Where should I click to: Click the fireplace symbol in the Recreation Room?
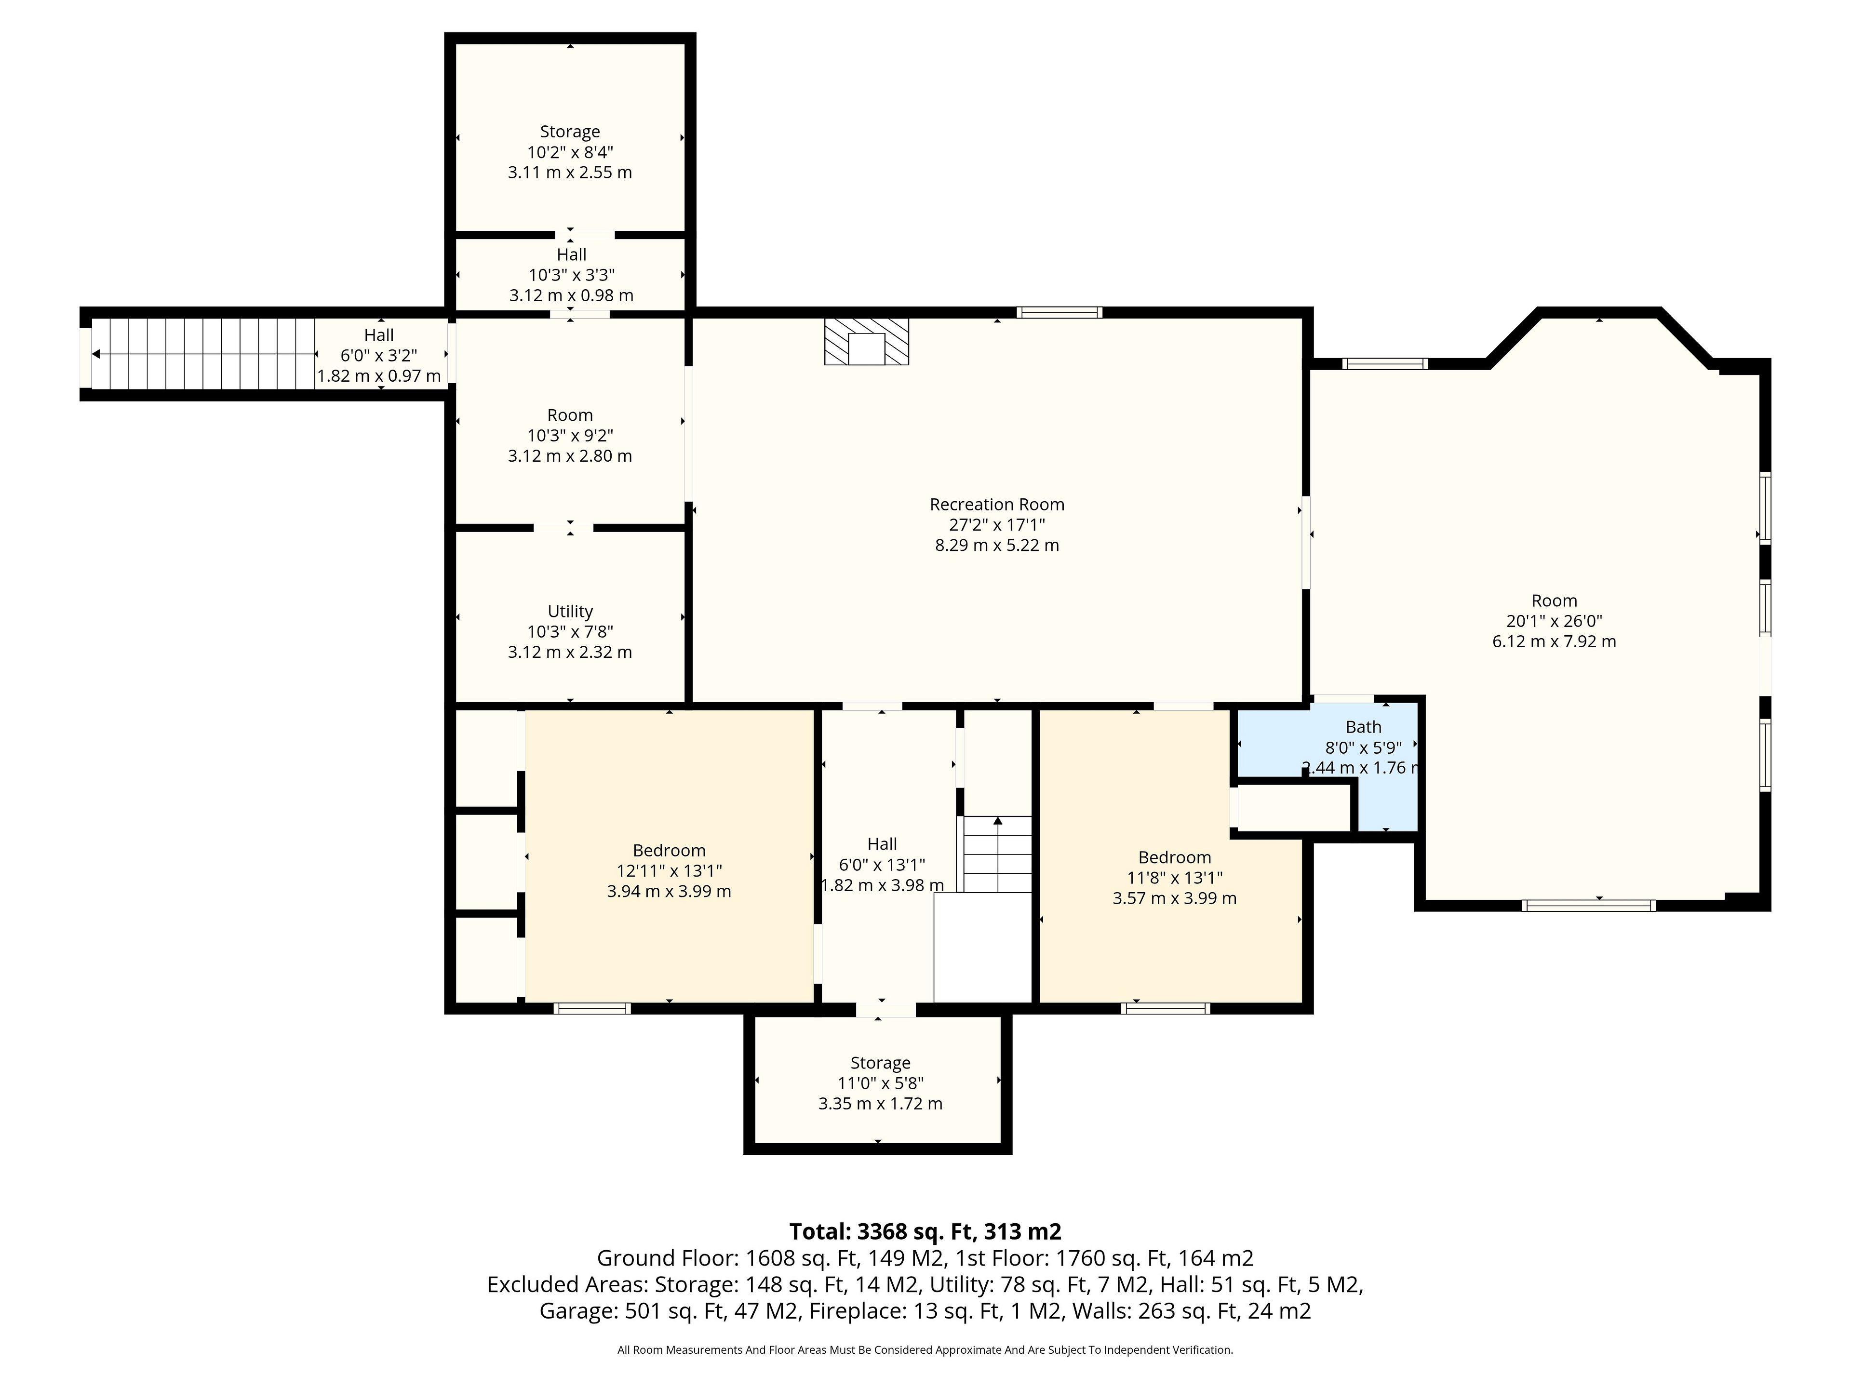pos(866,341)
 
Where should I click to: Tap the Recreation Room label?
pos(997,505)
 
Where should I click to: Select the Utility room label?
pos(570,612)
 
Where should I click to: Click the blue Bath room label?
pos(1363,727)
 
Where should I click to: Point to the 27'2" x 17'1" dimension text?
pos(997,524)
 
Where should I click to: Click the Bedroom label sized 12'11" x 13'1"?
pos(669,851)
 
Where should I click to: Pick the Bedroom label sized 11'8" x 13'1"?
pos(1174,857)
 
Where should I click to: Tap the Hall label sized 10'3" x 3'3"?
pos(572,254)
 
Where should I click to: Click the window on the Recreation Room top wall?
pos(1060,313)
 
